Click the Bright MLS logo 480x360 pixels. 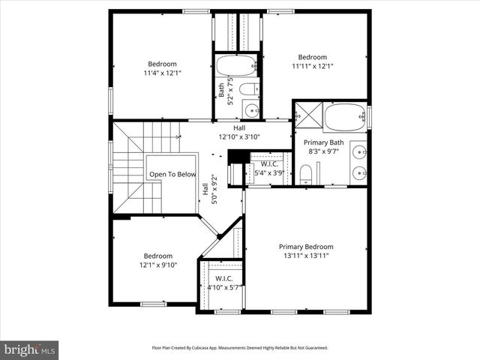[30, 349]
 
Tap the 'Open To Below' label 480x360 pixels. [172, 175]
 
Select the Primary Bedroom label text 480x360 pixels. [306, 247]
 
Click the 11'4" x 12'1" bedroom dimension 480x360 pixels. [162, 73]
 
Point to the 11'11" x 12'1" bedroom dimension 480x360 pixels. [313, 67]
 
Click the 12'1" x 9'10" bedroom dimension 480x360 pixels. [158, 265]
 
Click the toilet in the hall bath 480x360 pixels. [249, 90]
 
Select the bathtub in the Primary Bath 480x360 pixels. [343, 116]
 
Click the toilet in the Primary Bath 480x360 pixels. [305, 175]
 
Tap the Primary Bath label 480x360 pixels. [324, 142]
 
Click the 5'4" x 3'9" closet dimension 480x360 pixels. [270, 173]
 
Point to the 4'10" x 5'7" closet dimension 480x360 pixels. [224, 287]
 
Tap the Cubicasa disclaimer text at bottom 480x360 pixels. [240, 348]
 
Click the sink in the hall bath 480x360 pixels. [251, 112]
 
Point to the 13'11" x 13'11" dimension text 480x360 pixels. [306, 256]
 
